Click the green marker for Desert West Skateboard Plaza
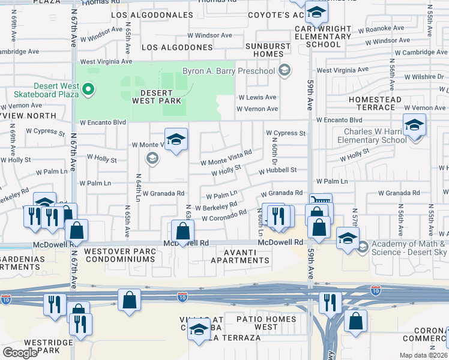pyautogui.click(x=88, y=90)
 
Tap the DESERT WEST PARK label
pyautogui.click(x=148, y=98)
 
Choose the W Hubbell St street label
pyautogui.click(x=278, y=170)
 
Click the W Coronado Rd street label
pyautogui.click(x=224, y=215)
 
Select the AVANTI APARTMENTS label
pyautogui.click(x=240, y=256)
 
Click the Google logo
pyautogui.click(x=20, y=353)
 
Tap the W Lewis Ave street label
pyautogui.click(x=257, y=97)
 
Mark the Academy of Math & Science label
pyautogui.click(x=408, y=248)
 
